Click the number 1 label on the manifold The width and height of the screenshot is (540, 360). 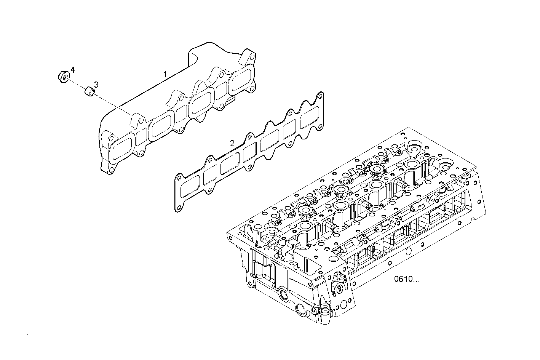point(165,74)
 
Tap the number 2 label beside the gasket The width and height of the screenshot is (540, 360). point(232,144)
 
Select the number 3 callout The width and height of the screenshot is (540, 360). point(96,85)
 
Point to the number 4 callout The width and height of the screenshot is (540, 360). point(72,70)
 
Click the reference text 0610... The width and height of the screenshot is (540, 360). point(407,279)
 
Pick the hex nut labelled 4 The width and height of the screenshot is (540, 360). point(62,76)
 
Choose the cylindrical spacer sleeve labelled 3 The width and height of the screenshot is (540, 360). point(89,92)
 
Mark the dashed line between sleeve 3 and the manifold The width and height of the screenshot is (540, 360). point(112,104)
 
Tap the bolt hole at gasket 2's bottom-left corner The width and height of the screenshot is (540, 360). point(177,208)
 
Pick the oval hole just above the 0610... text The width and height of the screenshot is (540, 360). point(408,251)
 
